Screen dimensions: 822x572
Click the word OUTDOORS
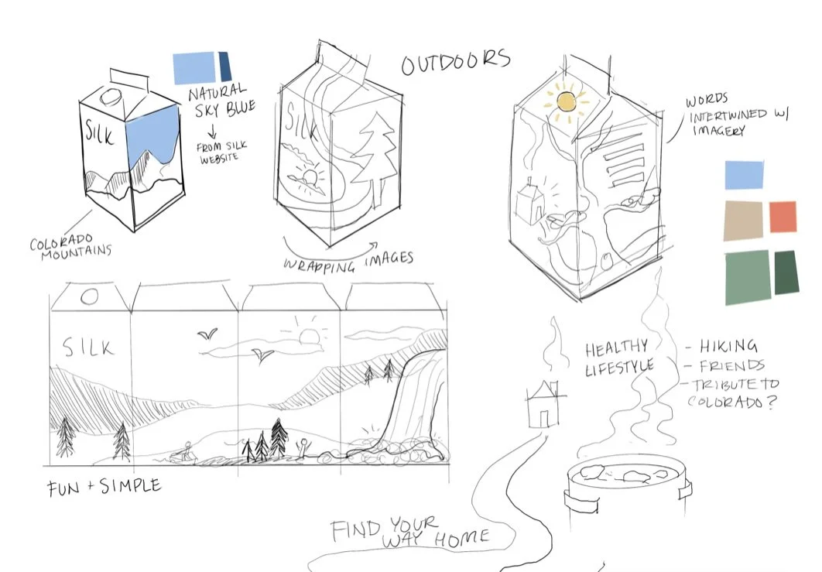pos(455,62)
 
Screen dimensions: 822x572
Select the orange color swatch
pos(782,217)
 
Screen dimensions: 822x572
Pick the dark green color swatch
pos(786,272)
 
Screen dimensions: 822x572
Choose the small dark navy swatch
pos(225,66)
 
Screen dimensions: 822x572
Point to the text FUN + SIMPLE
pos(104,487)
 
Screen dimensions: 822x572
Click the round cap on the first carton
pos(111,98)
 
